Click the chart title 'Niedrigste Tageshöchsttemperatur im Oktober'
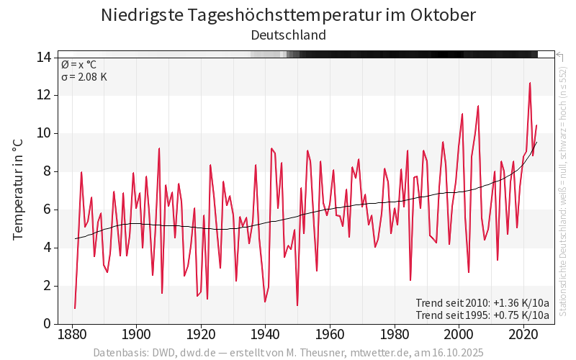coord(288,15)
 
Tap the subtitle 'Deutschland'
coord(288,35)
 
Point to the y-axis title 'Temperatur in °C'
coord(19,190)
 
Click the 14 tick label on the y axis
coord(42,57)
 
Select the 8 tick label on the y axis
coord(46,171)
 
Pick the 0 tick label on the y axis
coord(46,324)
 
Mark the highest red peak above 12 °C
coord(530,83)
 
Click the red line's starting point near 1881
coord(75,308)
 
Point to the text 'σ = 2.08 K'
coord(84,77)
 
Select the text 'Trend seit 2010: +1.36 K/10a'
coord(482,302)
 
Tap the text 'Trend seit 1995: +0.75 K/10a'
coord(482,315)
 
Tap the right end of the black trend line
coord(536,142)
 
